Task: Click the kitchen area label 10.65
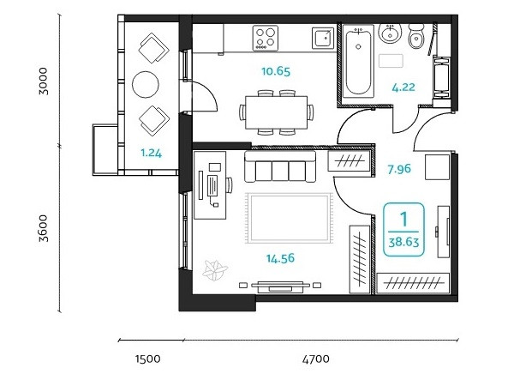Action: pos(276,71)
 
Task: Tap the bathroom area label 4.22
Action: pos(403,87)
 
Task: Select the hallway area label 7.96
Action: pos(399,169)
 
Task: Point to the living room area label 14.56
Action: pos(280,258)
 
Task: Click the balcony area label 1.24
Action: pos(152,153)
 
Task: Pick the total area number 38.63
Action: pos(403,242)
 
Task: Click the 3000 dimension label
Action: pos(43,81)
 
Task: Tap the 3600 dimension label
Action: pos(43,228)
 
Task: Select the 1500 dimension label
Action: pos(147,359)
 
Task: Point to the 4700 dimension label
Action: pos(316,359)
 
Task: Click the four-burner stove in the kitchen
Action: pos(266,38)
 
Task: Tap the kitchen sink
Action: pos(323,38)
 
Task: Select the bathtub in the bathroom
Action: pos(358,62)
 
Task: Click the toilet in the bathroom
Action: pos(416,36)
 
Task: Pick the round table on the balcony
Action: pos(146,84)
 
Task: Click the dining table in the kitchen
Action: pos(276,112)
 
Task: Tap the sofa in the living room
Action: pos(280,166)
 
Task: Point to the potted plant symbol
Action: pos(214,269)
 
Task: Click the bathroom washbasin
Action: pos(391,33)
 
